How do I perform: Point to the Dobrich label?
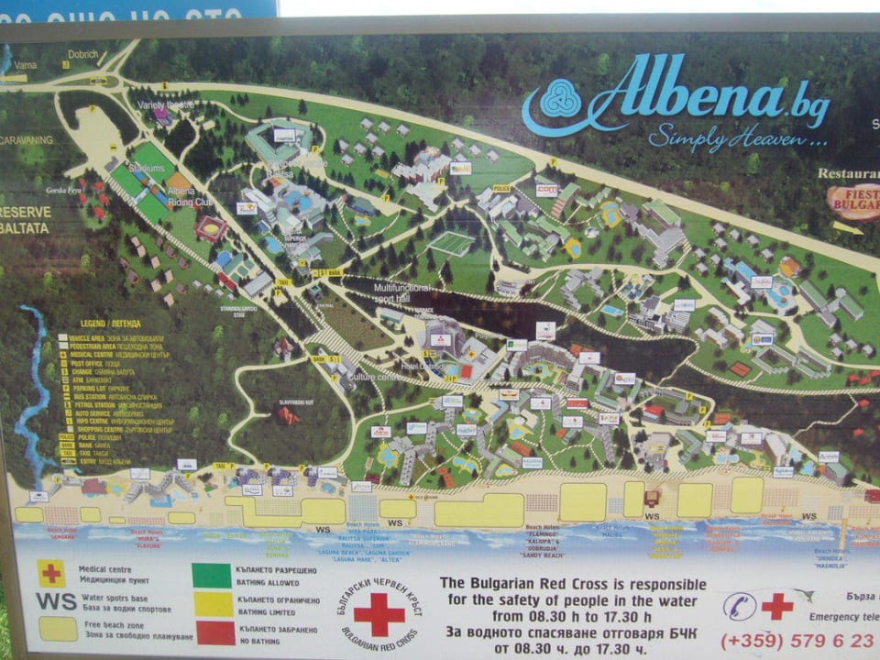tap(82, 54)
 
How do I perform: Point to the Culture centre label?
tap(371, 376)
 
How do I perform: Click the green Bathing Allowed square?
tap(212, 575)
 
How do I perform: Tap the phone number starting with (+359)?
tap(796, 641)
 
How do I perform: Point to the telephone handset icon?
tap(740, 605)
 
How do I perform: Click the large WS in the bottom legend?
tap(56, 601)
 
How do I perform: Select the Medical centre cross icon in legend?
tap(51, 573)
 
